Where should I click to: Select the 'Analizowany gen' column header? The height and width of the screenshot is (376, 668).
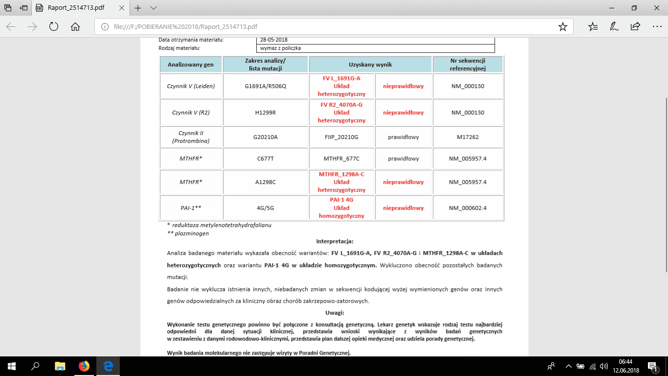click(190, 65)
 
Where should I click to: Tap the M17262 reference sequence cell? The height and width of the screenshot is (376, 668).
click(468, 137)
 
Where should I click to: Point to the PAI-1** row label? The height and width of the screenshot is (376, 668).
click(190, 208)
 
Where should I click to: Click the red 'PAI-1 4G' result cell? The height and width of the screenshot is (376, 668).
click(341, 208)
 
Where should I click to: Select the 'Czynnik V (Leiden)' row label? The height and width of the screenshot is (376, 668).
click(190, 86)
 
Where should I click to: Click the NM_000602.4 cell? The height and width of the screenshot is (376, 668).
click(468, 208)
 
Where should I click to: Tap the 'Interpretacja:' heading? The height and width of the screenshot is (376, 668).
click(334, 241)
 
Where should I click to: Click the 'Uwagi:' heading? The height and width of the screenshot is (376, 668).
click(334, 312)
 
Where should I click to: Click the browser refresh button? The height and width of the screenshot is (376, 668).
click(54, 27)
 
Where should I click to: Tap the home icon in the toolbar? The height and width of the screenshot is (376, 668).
click(75, 27)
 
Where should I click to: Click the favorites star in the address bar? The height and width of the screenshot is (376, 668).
click(562, 27)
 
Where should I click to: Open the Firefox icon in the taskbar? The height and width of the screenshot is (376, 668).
click(84, 366)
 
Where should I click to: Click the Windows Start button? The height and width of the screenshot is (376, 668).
click(11, 366)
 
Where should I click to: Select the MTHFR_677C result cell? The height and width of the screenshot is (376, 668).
click(341, 159)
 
